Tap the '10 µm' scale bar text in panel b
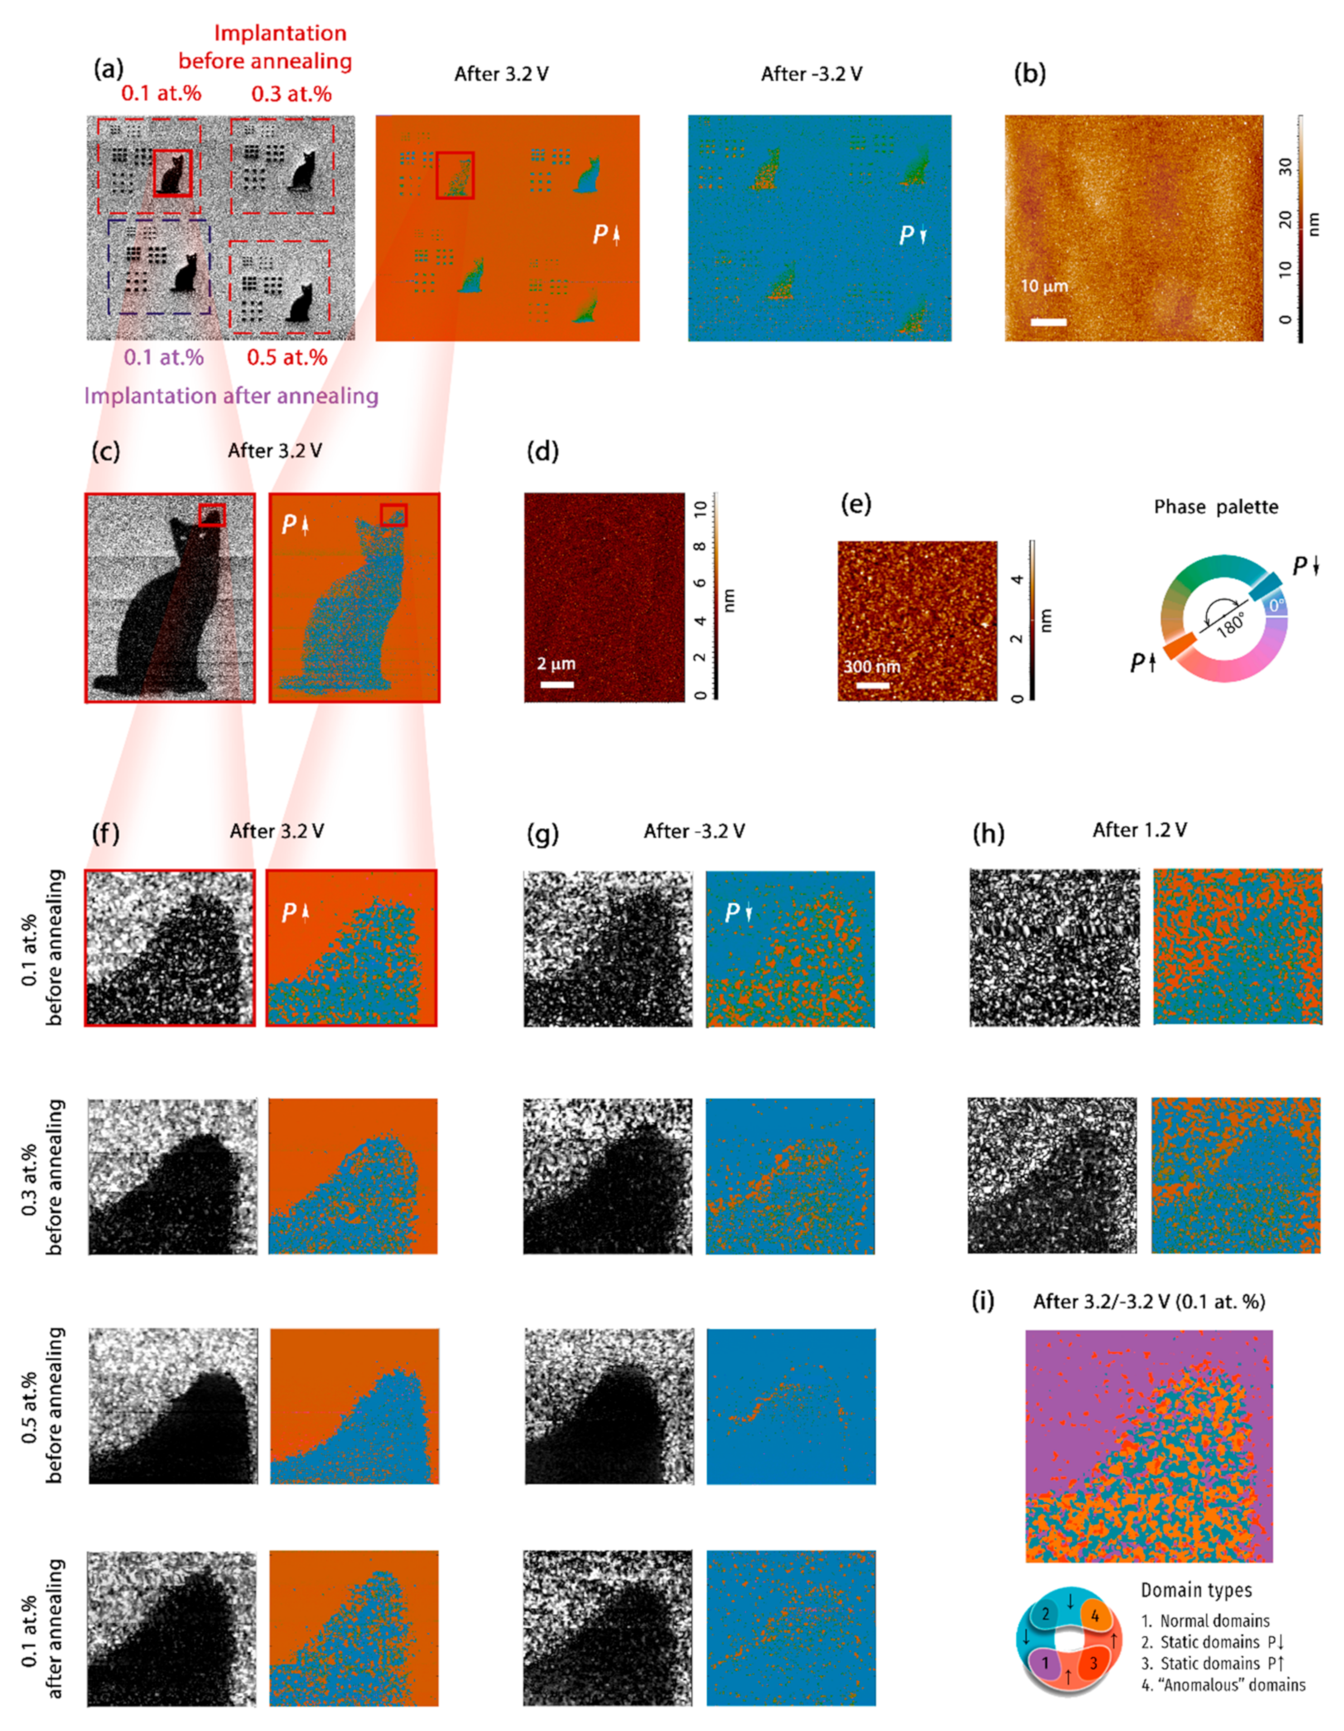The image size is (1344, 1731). point(1044,286)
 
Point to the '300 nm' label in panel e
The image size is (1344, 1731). point(871,667)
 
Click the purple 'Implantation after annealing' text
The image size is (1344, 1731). point(232,396)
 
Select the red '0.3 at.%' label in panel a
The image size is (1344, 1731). point(291,94)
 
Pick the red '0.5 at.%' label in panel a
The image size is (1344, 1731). point(287,358)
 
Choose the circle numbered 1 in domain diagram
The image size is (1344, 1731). point(1046,1663)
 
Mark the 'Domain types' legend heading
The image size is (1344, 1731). point(1196,1591)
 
